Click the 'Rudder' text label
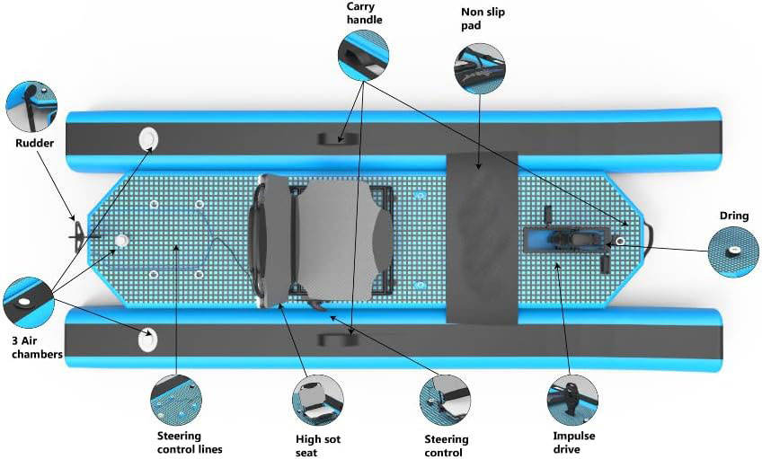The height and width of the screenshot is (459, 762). coord(34,143)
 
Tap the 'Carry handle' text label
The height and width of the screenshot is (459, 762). coord(364,13)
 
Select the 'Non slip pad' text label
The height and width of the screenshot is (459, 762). coord(483,19)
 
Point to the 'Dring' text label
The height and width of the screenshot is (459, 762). coord(734,216)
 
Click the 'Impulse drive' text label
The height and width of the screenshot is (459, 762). coord(574,442)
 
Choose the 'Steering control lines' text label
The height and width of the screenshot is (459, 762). coord(190,442)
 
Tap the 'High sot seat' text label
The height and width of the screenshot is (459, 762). coord(318,446)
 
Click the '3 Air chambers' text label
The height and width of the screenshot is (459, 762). coord(37,348)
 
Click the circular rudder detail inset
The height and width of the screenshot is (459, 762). coord(31,107)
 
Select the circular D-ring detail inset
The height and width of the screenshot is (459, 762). coord(733,252)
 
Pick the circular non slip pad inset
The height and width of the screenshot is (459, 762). coord(480,68)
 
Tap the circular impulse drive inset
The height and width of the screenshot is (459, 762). coord(572,401)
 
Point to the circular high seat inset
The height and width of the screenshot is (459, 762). coord(318,401)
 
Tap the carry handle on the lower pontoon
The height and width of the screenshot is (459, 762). coord(338,340)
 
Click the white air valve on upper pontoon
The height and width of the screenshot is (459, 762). coord(148,138)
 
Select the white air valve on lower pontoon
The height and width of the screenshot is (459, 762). coord(147,339)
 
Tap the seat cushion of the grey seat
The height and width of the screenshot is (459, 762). coord(344,240)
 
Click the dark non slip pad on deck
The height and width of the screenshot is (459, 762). coord(482,238)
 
